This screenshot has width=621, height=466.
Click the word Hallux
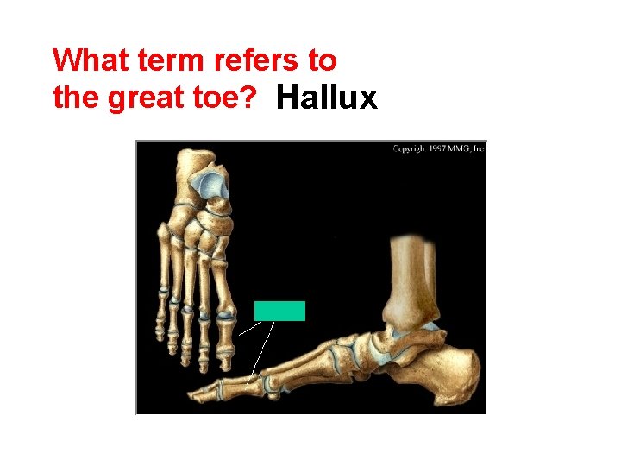tap(327, 98)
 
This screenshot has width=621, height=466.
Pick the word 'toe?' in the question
tap(227, 98)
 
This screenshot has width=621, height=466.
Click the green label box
tap(279, 311)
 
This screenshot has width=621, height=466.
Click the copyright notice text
tap(438, 148)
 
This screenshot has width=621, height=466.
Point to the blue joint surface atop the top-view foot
tap(207, 181)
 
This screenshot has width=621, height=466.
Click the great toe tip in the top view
tap(225, 353)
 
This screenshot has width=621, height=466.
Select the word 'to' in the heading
tap(322, 60)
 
